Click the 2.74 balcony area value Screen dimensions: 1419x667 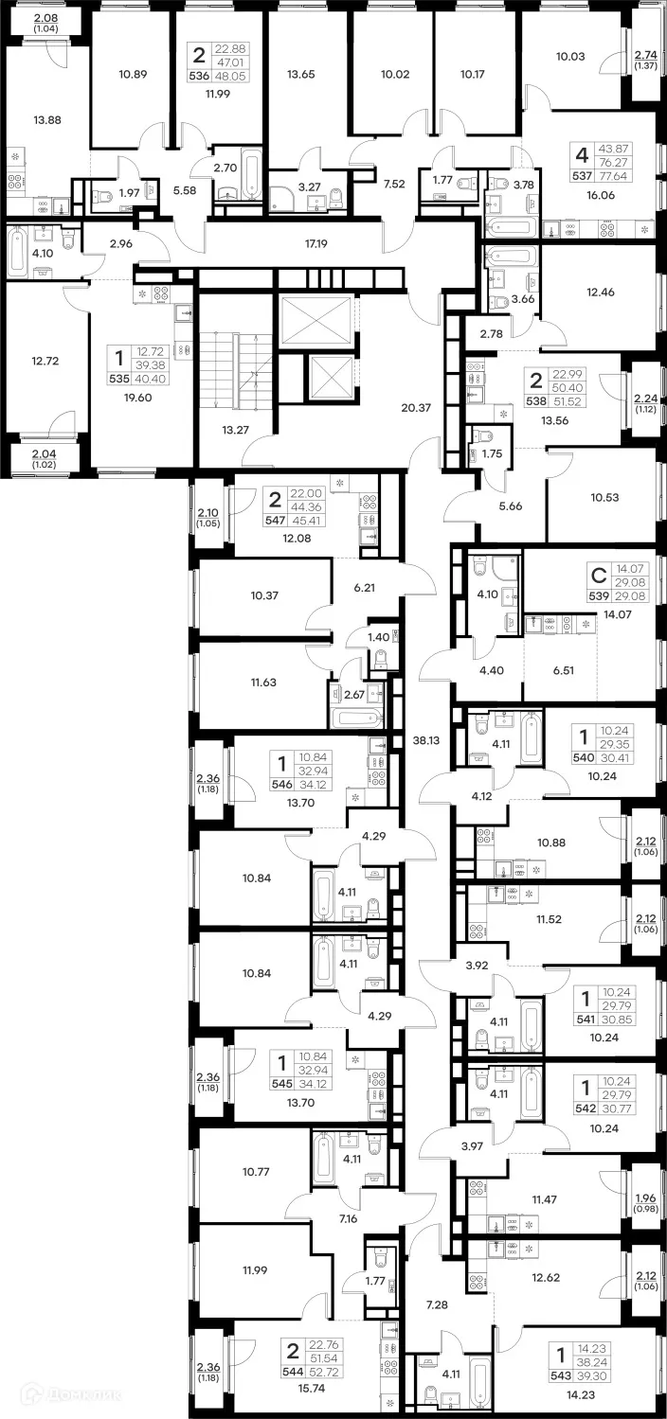point(645,56)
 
